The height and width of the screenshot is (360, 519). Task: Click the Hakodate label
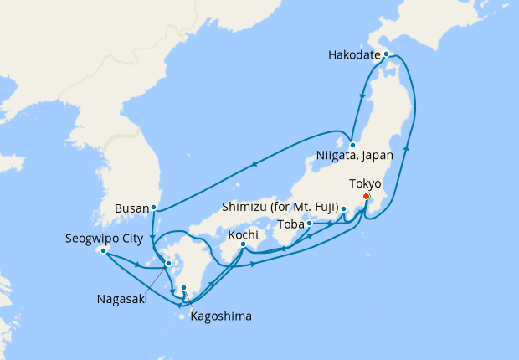(355, 56)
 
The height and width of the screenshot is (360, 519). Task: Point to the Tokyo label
(364, 183)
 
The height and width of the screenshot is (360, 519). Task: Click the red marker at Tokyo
(366, 197)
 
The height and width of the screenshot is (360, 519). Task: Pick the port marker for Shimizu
(343, 208)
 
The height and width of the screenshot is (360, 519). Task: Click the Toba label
(291, 224)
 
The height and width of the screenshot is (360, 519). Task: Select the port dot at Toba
(310, 224)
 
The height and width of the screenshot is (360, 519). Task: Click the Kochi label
(244, 234)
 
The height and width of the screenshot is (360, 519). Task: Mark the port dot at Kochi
(243, 244)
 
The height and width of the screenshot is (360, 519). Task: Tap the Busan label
(135, 207)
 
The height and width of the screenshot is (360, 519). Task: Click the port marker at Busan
(154, 207)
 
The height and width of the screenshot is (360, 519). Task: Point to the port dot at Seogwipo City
(103, 250)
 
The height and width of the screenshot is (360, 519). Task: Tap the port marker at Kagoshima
(184, 289)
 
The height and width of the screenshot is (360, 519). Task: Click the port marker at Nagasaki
(169, 263)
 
